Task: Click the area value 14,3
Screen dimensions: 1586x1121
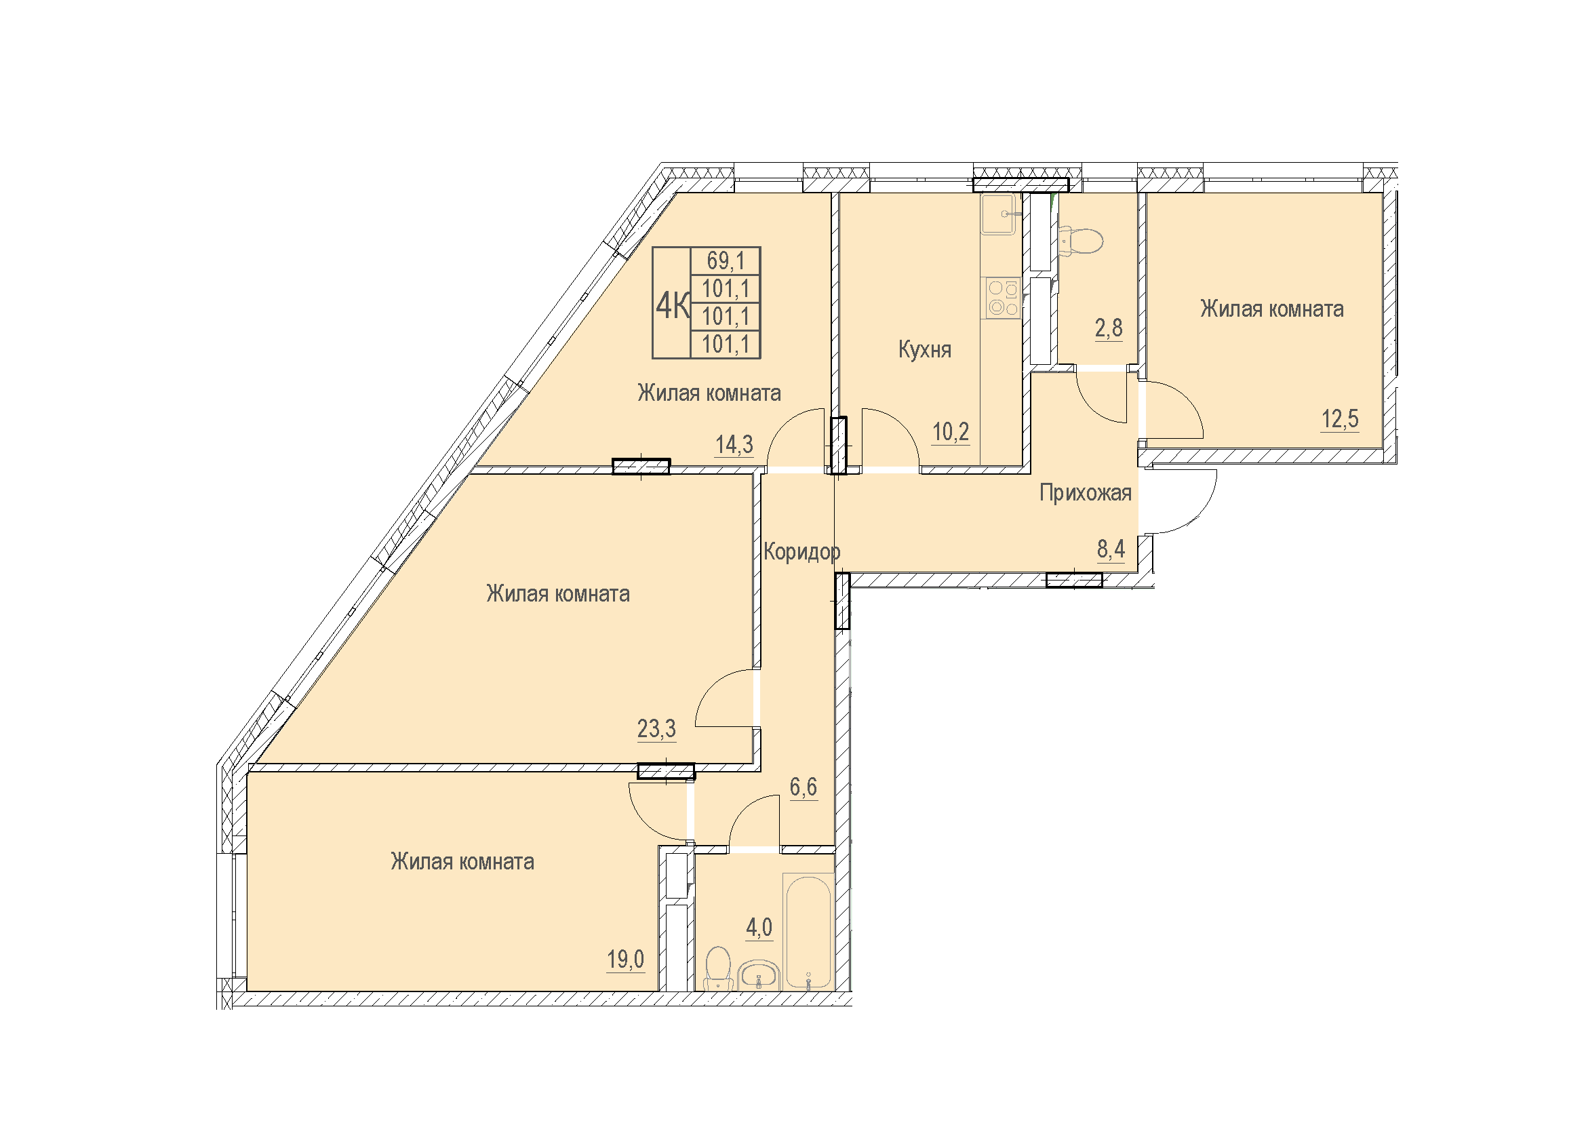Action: coord(734,445)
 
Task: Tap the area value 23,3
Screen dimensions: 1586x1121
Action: coord(656,729)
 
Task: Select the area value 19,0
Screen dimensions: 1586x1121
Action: coord(626,960)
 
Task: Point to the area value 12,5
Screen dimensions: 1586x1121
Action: coord(1340,419)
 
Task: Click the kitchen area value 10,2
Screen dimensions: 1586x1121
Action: coord(951,433)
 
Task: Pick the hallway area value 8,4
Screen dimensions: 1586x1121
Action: coord(1111,549)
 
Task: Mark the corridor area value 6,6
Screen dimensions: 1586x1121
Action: coord(804,787)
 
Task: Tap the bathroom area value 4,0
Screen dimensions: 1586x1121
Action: coord(759,928)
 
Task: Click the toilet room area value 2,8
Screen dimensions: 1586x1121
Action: coord(1109,328)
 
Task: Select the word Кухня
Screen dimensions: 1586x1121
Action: coord(924,349)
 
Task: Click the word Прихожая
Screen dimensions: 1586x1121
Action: coord(1085,493)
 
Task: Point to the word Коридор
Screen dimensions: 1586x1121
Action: coord(802,552)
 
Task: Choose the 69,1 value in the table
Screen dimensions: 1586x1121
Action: coord(726,261)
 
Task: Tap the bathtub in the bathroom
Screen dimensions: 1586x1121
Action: coord(808,932)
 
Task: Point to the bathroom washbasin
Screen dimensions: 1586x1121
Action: coord(759,976)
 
